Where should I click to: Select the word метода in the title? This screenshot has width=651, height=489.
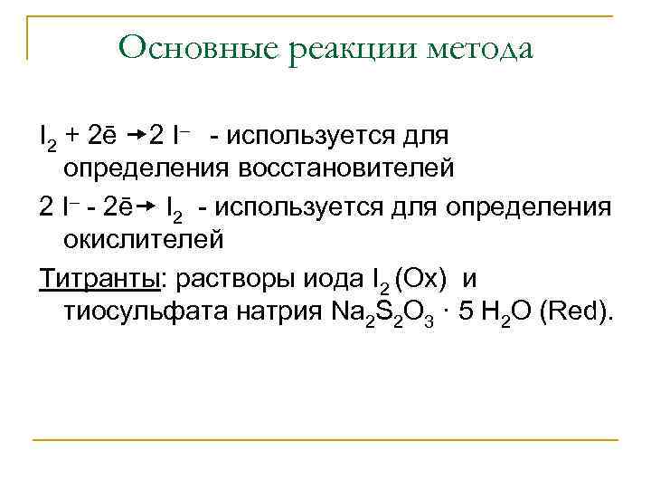[x=475, y=47]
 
